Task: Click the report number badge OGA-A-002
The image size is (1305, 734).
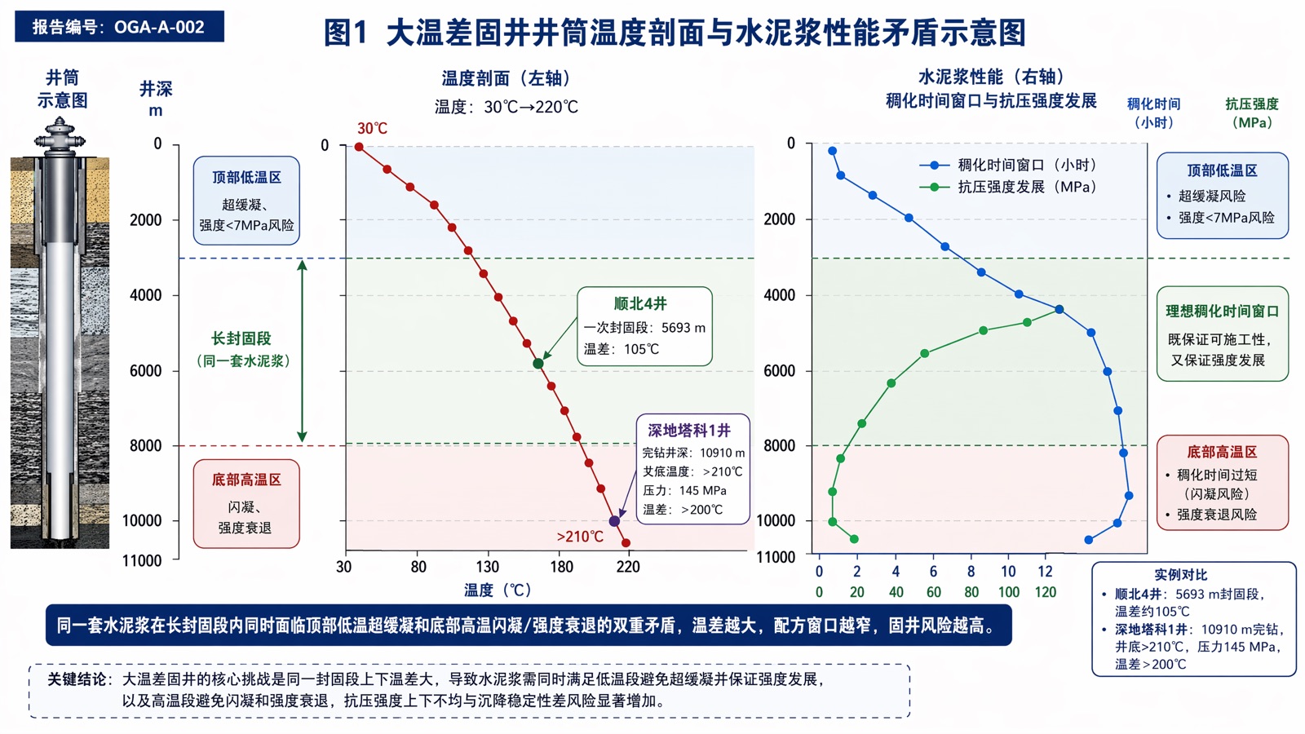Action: click(x=119, y=27)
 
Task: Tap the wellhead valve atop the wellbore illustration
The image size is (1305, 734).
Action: click(x=60, y=136)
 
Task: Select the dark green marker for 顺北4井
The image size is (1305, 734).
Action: click(x=538, y=364)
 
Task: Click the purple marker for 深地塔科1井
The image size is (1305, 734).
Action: click(x=614, y=521)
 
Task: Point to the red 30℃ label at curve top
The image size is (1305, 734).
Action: click(x=372, y=128)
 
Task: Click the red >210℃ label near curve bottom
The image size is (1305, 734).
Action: click(x=580, y=537)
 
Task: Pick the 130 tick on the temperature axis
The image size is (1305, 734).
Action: click(x=488, y=567)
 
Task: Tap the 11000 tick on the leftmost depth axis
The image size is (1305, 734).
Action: click(x=142, y=560)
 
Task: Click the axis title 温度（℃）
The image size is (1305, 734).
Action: click(x=498, y=590)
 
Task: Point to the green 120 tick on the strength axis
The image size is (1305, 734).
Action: click(x=1046, y=592)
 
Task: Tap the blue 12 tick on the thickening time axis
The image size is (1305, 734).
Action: click(x=1046, y=572)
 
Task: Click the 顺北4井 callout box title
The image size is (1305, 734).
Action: click(x=640, y=303)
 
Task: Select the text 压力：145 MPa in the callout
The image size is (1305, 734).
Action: click(x=684, y=490)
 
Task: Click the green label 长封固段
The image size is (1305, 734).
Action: click(x=241, y=338)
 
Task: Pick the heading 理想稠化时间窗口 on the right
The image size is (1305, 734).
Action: click(x=1223, y=311)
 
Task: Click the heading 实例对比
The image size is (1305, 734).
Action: click(x=1181, y=575)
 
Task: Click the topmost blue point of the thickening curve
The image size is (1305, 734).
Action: click(x=833, y=151)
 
